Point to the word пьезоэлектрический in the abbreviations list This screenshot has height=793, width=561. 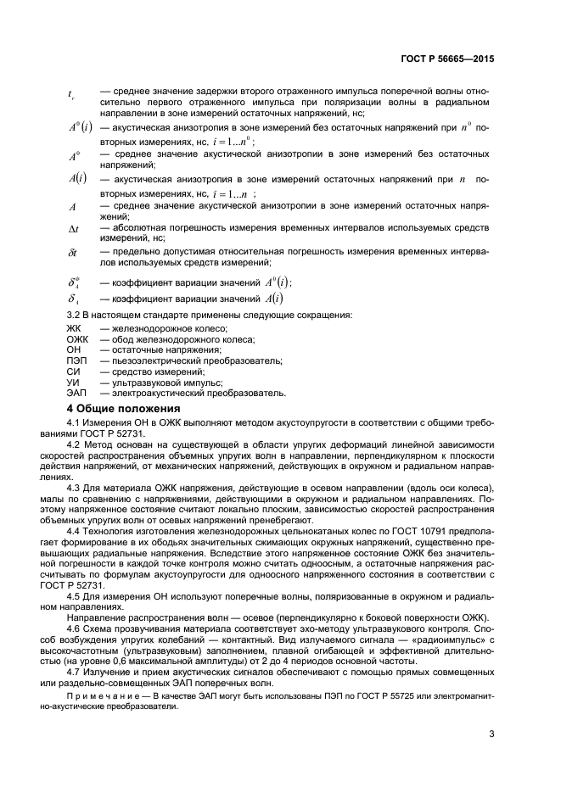click(x=157, y=360)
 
